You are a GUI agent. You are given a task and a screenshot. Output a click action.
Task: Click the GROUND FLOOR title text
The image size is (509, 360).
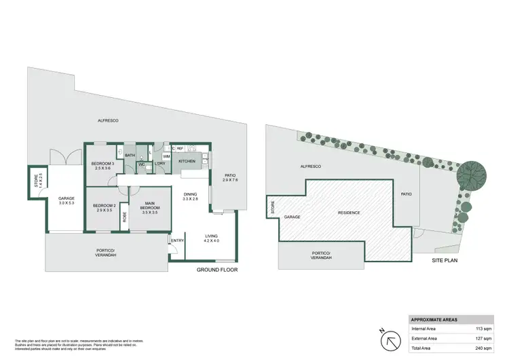216,270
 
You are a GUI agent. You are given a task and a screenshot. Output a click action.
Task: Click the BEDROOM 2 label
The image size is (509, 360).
104,207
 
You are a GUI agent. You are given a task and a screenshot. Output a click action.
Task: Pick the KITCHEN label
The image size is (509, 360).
187,162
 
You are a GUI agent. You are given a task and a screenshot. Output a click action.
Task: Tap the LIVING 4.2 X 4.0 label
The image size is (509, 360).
211,238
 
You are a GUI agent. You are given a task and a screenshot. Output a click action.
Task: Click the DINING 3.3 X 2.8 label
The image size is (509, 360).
191,197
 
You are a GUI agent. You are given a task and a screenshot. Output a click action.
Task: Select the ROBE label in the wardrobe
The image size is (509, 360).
125,218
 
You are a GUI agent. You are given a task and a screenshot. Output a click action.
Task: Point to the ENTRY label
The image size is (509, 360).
178,240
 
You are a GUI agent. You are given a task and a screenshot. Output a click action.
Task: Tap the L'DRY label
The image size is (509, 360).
161,164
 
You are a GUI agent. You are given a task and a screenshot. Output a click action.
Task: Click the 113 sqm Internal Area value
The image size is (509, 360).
483,328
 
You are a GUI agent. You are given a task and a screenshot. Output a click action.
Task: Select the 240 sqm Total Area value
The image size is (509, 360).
483,348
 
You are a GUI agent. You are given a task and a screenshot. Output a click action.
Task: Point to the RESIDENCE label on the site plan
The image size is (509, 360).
349,213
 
